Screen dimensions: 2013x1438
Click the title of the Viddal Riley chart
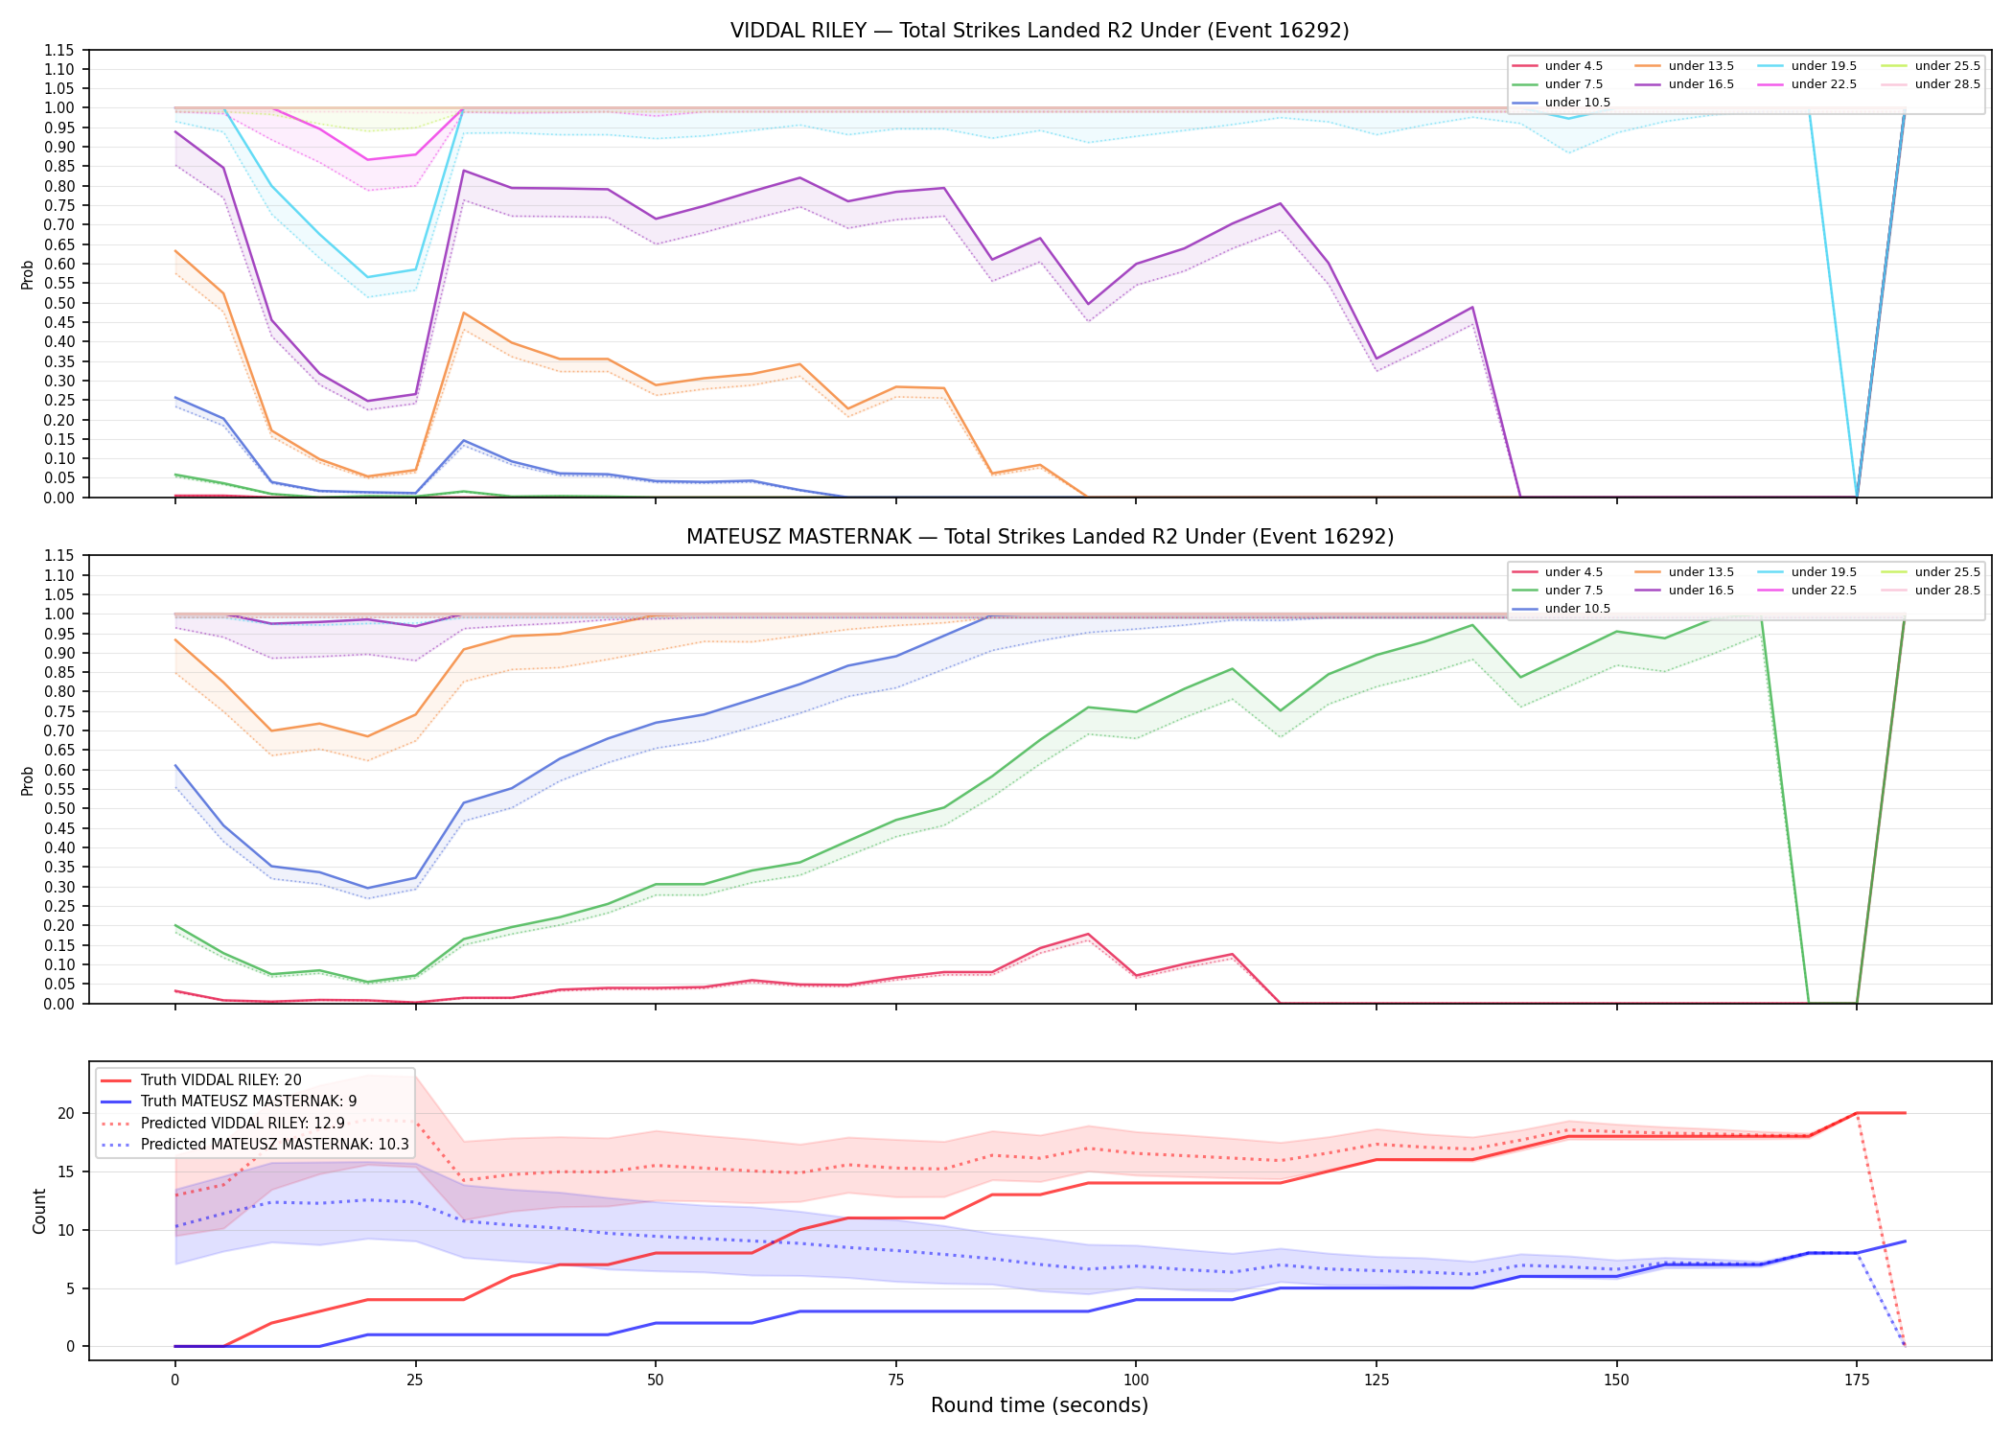tap(1039, 31)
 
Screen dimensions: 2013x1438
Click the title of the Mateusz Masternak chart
tap(1039, 537)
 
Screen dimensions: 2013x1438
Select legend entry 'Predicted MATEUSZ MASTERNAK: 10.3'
tap(254, 1145)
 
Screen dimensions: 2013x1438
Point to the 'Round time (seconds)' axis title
tap(1039, 1405)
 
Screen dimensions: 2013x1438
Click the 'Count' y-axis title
tap(39, 1211)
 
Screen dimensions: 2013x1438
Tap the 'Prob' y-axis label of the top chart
tap(28, 274)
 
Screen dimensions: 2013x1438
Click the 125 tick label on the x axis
tap(1377, 1380)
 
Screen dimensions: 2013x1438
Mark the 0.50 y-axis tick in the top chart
tap(60, 303)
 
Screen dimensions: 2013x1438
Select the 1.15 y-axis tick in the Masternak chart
tap(60, 556)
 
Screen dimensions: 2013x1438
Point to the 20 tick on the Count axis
tap(66, 1113)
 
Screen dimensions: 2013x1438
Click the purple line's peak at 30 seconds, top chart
tap(464, 171)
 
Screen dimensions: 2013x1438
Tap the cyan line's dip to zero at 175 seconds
tap(1857, 497)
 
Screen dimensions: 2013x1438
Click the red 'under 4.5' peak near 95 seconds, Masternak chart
tap(1088, 934)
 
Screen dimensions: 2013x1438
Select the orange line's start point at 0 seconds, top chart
tap(175, 251)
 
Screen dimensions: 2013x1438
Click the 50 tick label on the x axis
tap(656, 1380)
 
